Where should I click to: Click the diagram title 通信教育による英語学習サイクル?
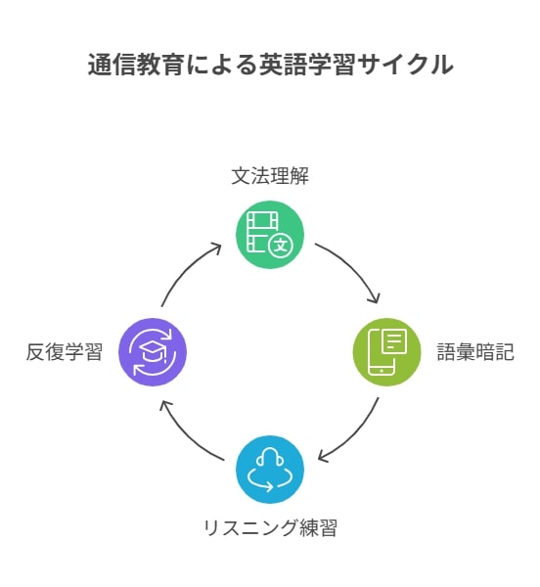coord(270,65)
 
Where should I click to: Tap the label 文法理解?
coord(270,176)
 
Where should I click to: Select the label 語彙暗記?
coord(475,352)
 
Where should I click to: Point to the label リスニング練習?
coord(270,528)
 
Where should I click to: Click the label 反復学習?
coord(64,352)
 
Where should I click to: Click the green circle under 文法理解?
coord(270,235)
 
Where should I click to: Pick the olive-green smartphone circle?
coord(387,352)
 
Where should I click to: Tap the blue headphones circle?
coord(270,470)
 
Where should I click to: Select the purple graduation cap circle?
coord(153,352)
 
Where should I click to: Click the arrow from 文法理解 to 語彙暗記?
coord(353,267)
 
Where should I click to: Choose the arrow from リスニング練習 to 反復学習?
coord(186,436)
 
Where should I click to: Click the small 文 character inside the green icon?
coord(281,246)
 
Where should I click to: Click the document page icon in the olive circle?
coord(394,341)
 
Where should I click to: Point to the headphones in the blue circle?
coord(270,459)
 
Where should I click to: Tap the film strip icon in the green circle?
coord(261,231)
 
